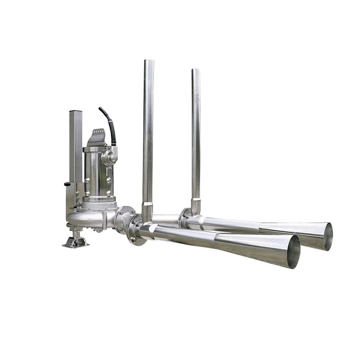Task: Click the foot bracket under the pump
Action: tap(76, 242)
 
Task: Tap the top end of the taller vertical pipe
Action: tap(148, 62)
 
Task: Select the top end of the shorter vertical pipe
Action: tap(195, 71)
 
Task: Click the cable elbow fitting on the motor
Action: tap(109, 157)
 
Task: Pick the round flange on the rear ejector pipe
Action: tap(183, 218)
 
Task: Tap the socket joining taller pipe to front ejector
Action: tap(147, 211)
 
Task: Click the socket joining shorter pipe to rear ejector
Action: tap(195, 206)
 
